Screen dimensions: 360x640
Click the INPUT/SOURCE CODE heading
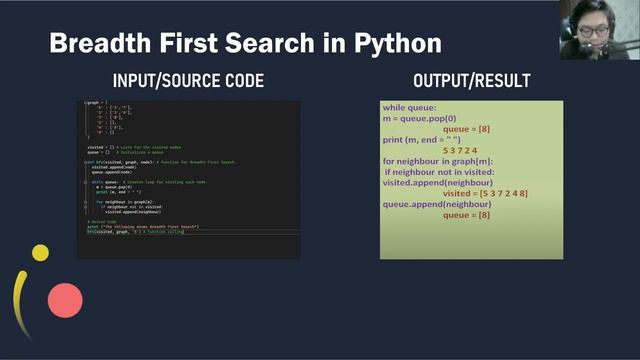pos(189,81)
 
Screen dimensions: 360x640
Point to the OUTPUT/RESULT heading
pos(471,81)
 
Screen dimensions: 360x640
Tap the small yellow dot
pos(40,253)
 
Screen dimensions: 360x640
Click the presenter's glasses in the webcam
pos(593,31)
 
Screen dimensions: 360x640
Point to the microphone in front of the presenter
pos(577,45)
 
